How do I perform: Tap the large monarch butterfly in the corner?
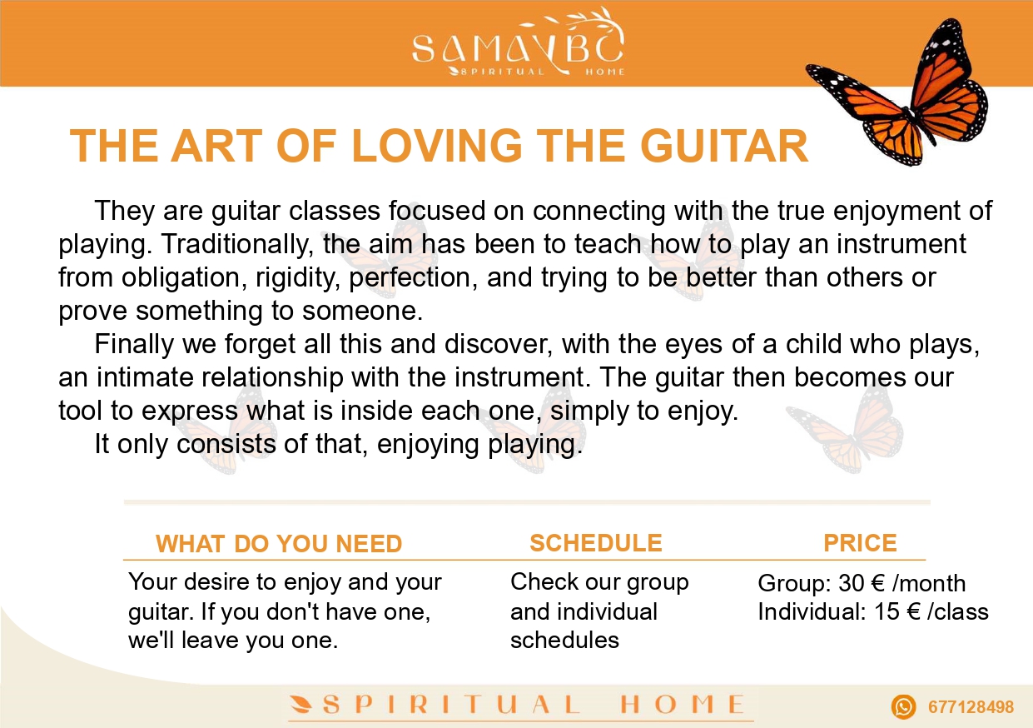(x=897, y=92)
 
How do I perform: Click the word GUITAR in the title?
(x=723, y=146)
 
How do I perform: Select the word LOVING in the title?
(x=437, y=146)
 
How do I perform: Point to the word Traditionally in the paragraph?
(x=235, y=245)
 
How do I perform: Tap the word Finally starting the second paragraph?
(x=134, y=344)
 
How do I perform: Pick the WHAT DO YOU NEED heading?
(x=279, y=543)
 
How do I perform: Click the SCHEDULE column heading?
(x=596, y=543)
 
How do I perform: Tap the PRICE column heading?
(x=860, y=543)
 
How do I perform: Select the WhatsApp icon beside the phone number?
(x=903, y=707)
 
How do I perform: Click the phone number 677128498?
(x=971, y=707)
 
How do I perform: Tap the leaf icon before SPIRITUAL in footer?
(x=301, y=705)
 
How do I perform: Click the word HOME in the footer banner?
(x=682, y=705)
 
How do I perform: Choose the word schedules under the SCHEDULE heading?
(x=564, y=641)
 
